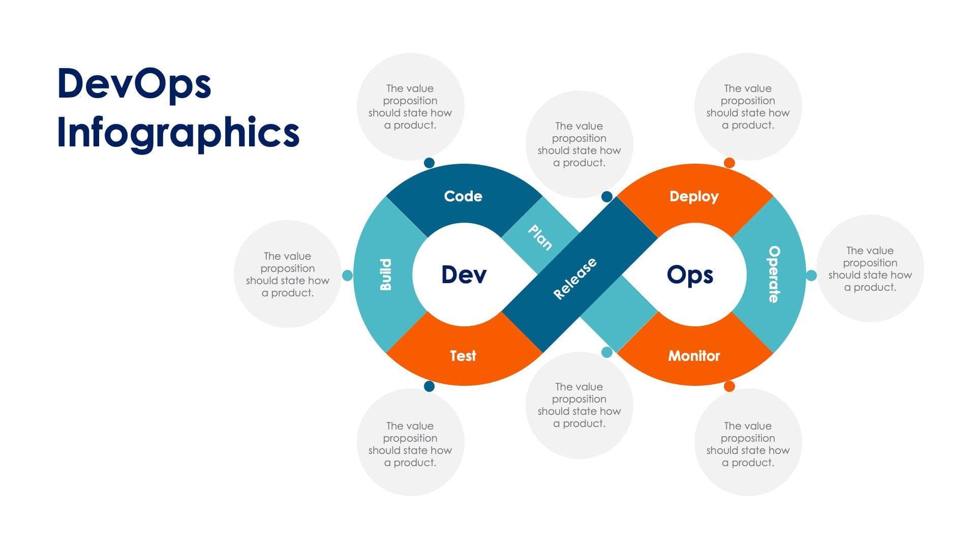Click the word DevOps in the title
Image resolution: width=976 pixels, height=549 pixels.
[134, 84]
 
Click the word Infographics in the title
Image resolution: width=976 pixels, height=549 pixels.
[178, 132]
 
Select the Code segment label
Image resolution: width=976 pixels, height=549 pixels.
[463, 196]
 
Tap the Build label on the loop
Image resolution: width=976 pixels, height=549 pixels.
[386, 274]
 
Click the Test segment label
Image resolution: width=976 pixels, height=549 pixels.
[463, 356]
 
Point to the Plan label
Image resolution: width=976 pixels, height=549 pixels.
[540, 237]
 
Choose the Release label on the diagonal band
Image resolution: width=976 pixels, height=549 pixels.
[575, 279]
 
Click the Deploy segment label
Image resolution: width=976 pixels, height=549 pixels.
[694, 196]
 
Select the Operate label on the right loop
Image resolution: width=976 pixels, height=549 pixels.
[774, 274]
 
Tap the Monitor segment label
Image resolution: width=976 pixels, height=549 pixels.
[694, 356]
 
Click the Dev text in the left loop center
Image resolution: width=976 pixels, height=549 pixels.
[464, 274]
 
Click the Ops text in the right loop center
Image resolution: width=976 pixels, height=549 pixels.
[690, 274]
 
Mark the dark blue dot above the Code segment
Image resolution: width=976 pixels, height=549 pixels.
[429, 163]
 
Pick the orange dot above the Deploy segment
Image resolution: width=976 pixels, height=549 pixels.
[729, 163]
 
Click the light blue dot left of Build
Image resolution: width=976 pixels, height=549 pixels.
[347, 275]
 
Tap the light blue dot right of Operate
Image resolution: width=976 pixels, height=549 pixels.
[811, 275]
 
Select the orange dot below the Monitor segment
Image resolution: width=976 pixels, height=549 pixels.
[729, 386]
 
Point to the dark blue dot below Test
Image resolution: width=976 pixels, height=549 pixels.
[429, 386]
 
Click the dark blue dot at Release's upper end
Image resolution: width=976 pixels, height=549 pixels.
[606, 197]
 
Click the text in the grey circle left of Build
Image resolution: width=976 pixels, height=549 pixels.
[288, 274]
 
